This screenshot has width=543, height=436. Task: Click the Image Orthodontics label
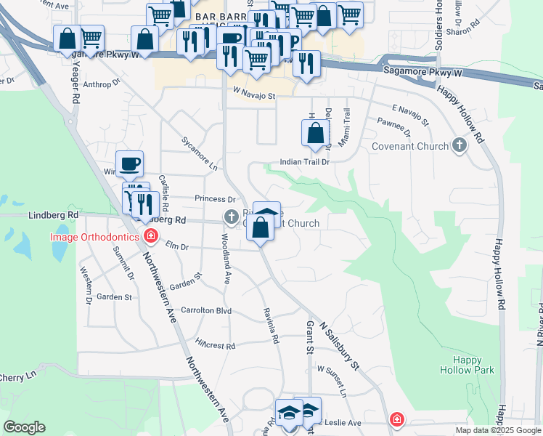[94, 236]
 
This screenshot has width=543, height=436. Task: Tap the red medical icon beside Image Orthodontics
[151, 235]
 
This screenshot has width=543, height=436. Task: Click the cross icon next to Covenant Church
[459, 146]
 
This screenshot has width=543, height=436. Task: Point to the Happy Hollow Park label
[467, 365]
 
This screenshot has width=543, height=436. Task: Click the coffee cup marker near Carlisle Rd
[130, 163]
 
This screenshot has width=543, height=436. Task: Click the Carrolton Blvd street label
[206, 310]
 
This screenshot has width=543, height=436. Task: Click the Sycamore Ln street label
[200, 153]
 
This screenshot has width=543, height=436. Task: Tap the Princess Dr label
[216, 199]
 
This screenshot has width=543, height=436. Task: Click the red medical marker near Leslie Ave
[397, 419]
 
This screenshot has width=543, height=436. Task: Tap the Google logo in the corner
[24, 427]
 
